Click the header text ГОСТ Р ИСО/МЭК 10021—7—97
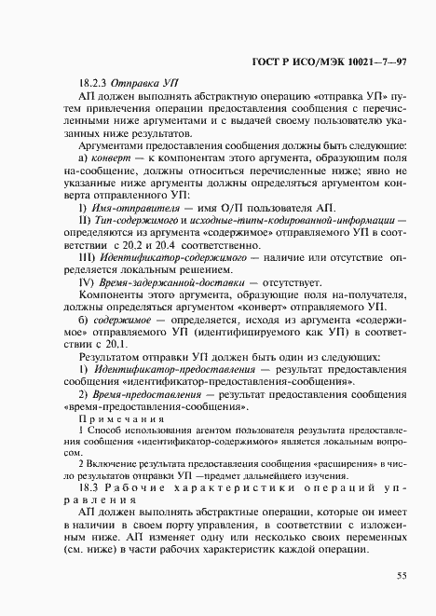(319, 60)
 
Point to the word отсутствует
(292, 281)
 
